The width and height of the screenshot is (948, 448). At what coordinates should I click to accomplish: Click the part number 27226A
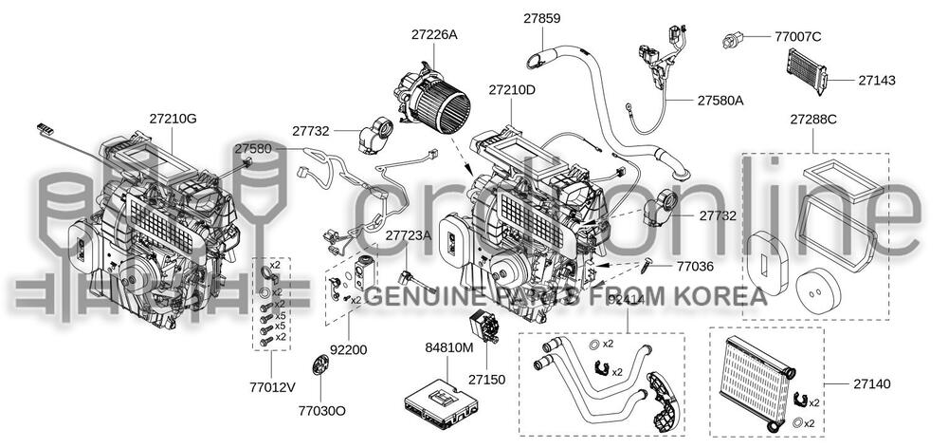point(434,35)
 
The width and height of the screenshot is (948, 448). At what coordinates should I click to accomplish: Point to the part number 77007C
point(797,37)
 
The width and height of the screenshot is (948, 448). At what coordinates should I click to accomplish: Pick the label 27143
point(877,81)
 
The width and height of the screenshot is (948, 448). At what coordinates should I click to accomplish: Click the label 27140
point(871,383)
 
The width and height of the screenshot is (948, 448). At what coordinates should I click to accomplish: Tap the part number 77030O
point(321,410)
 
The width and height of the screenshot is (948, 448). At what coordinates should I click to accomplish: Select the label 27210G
point(173,119)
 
